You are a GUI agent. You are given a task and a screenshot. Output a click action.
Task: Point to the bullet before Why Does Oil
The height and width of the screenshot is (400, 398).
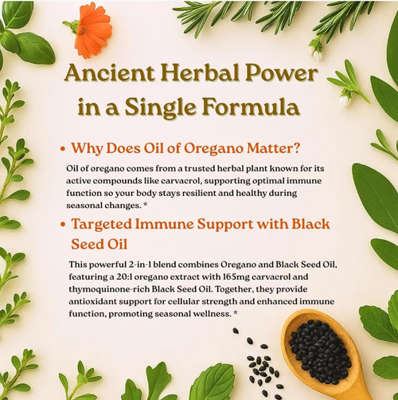(62, 149)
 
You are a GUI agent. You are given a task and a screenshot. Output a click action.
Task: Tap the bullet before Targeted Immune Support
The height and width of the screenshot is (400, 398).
(62, 225)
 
